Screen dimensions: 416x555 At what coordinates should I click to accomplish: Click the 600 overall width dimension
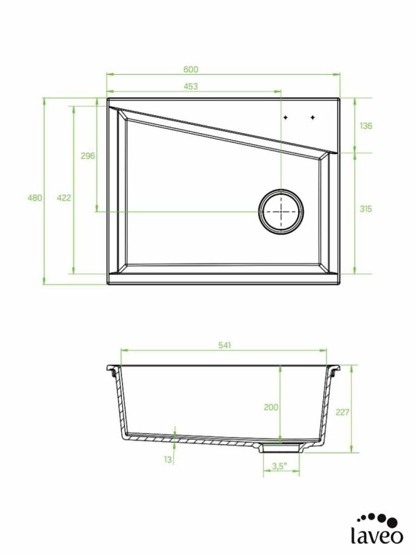191,69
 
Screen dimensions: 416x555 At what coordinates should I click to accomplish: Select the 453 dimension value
191,86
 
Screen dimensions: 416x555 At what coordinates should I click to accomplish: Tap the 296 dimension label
88,155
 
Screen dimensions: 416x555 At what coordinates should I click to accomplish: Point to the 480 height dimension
35,198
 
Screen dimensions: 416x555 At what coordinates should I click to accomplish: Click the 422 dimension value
64,198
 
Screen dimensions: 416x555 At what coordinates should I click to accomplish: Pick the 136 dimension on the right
366,126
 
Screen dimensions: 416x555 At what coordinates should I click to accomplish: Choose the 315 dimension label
366,209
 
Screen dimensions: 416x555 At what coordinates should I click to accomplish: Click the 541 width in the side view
224,345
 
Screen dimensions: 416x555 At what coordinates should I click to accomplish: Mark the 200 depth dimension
271,407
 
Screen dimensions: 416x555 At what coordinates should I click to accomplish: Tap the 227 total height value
343,412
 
